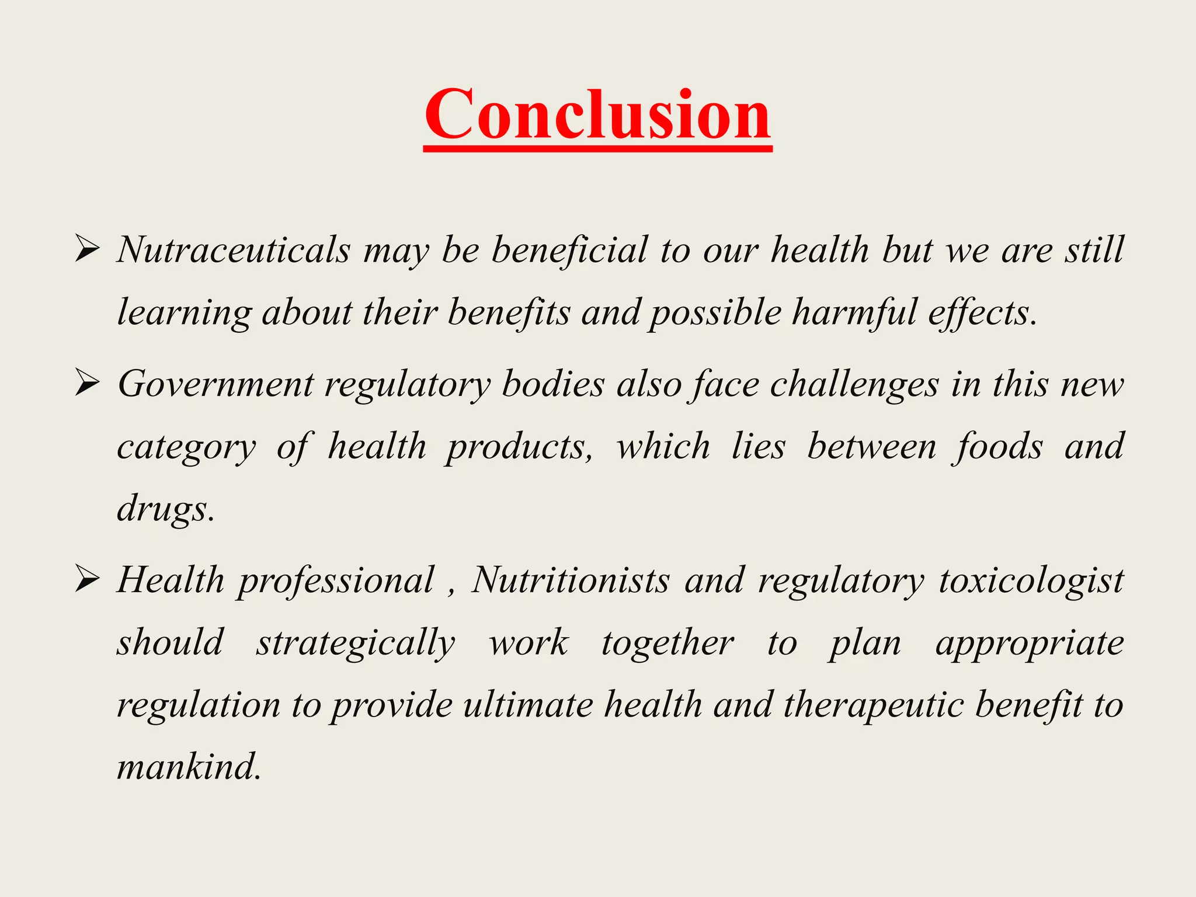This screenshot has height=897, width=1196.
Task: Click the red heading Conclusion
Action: tap(597, 114)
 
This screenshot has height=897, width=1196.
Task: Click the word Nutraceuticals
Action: tap(234, 250)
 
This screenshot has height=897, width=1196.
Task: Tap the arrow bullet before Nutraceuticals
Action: tap(87, 251)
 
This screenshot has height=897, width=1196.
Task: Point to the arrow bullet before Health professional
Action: tap(87, 580)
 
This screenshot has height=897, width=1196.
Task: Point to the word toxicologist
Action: tap(1031, 582)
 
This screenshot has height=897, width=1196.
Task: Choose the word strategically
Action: tap(356, 644)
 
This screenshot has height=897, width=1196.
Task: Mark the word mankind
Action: tap(188, 767)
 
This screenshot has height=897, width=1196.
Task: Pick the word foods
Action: tap(997, 447)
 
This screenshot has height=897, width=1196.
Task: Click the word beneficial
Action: tap(569, 250)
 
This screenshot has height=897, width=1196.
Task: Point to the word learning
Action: tap(184, 314)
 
